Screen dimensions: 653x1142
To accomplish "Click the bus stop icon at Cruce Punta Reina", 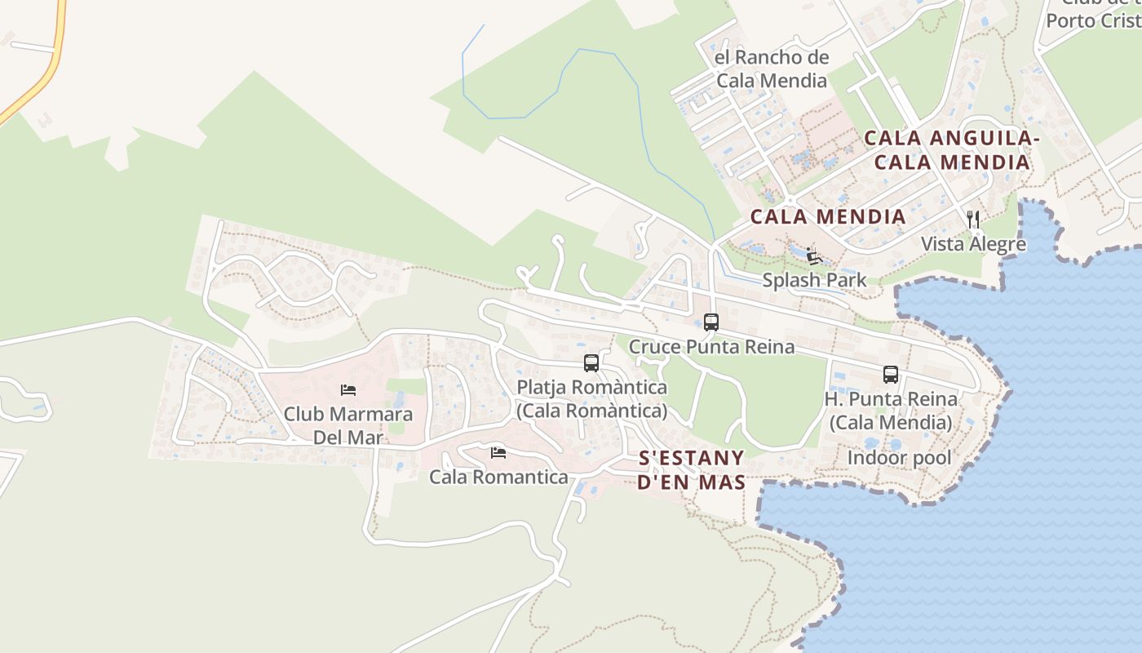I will [711, 322].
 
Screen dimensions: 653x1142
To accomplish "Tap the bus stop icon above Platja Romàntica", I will [591, 363].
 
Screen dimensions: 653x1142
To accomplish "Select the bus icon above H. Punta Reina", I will [891, 375].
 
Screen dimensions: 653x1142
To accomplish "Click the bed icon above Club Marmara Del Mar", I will [348, 390].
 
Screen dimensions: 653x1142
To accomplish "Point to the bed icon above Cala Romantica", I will [498, 452].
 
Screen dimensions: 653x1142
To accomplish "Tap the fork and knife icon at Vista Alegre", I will [973, 219].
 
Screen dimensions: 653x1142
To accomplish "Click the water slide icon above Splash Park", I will [812, 256].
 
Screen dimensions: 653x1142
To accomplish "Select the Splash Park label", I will [814, 280].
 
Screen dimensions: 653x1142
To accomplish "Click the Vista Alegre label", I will [973, 243].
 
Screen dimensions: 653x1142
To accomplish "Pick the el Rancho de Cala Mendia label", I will [772, 69].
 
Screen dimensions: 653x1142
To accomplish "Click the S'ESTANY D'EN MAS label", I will [691, 469].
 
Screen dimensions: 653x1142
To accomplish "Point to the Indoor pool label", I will [899, 458].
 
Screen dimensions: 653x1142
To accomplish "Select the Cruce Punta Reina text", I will [711, 347].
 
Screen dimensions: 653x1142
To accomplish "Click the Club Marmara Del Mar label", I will [348, 425].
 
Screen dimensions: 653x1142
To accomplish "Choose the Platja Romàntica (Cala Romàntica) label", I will [592, 398].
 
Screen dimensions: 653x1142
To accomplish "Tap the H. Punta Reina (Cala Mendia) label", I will [891, 411].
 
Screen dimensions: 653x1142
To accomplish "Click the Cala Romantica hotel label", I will [498, 477].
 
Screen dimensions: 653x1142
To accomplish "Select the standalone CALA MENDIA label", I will [827, 216].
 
